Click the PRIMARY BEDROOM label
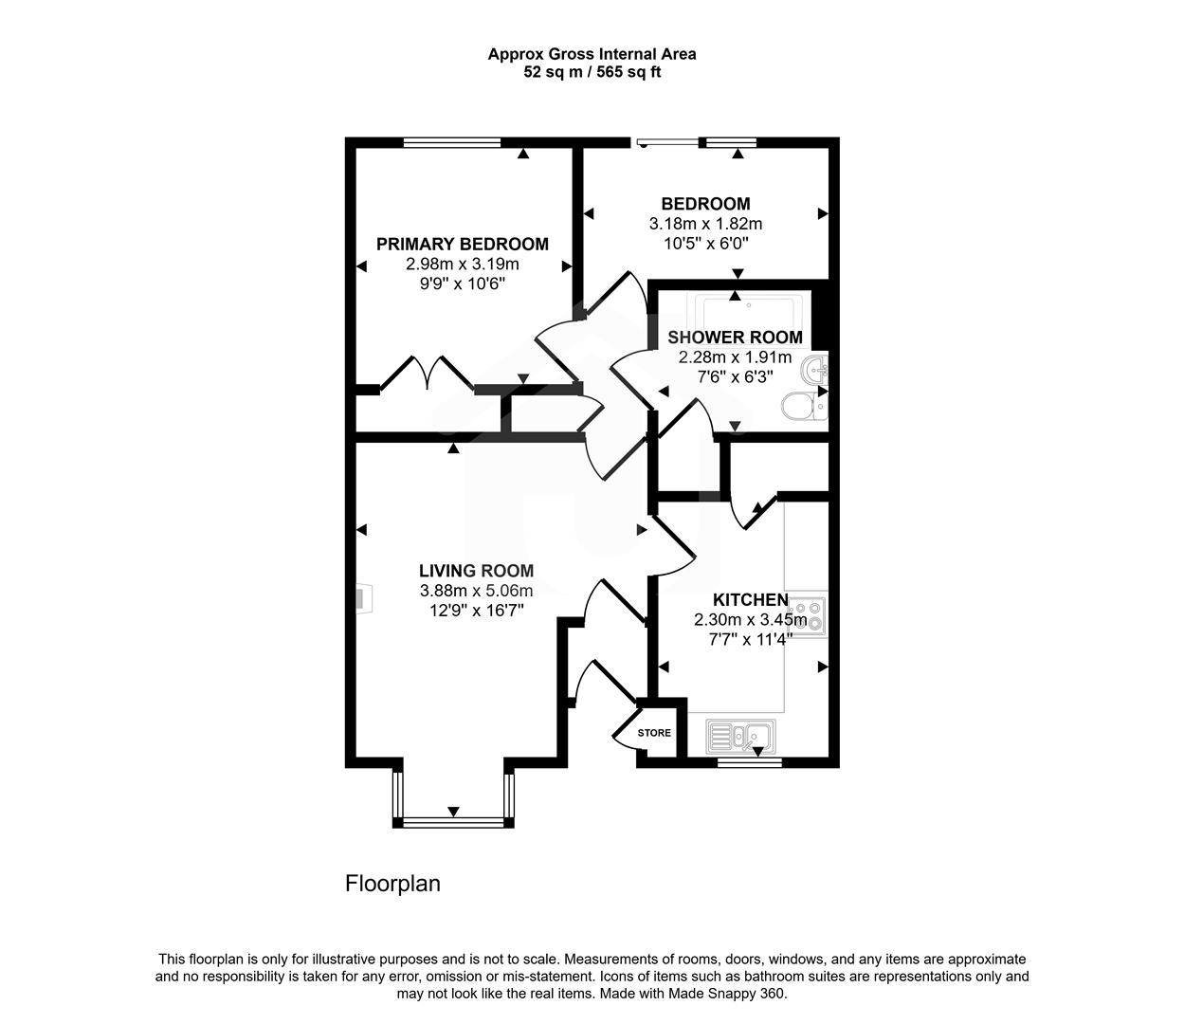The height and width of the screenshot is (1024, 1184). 462,245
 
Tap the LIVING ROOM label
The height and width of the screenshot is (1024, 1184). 476,571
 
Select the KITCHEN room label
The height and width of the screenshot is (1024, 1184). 750,600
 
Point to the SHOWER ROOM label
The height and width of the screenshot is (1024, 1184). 735,338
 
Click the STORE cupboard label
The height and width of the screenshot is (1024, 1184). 654,733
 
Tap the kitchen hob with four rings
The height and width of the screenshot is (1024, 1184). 807,613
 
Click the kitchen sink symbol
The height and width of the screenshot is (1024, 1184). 740,734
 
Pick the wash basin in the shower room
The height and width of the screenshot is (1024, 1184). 814,369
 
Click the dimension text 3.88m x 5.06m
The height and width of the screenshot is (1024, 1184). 476,591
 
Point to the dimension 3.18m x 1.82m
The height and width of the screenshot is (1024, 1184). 705,225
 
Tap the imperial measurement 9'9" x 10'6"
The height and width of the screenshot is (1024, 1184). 462,283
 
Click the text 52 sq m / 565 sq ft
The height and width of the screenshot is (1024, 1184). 592,72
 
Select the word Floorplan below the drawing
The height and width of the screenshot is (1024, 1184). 392,884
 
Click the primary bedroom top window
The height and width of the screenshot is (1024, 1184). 451,143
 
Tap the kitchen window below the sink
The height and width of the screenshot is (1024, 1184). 749,760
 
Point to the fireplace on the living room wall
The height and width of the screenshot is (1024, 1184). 360,598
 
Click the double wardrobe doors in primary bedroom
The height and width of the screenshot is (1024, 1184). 426,372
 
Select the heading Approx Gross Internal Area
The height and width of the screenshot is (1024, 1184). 592,54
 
